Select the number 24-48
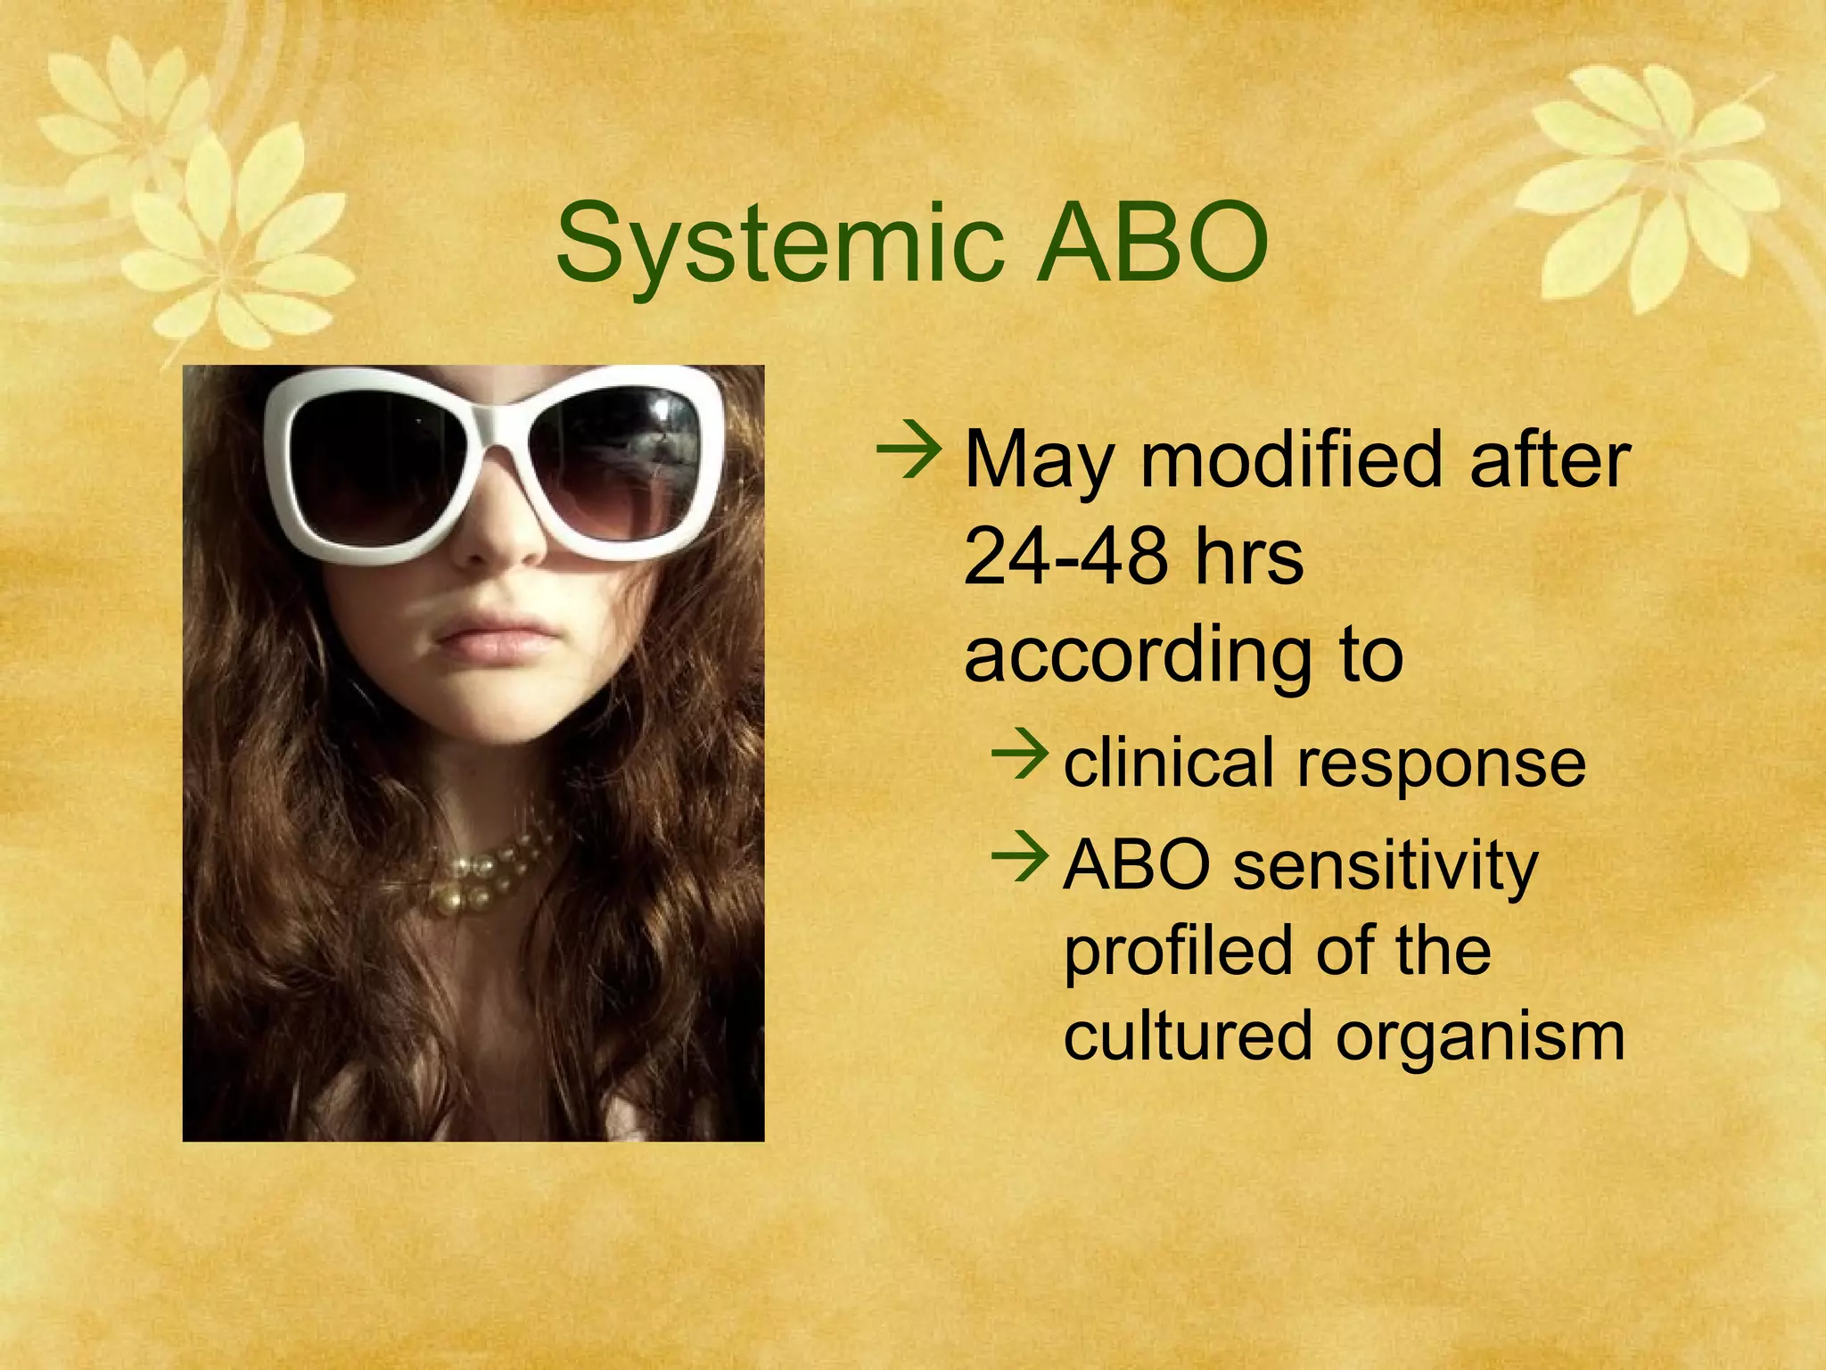coord(1066,557)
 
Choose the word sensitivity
coord(1386,866)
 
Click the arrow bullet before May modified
coord(909,452)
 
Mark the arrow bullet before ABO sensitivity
coord(1018,855)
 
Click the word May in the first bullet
coord(1040,461)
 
